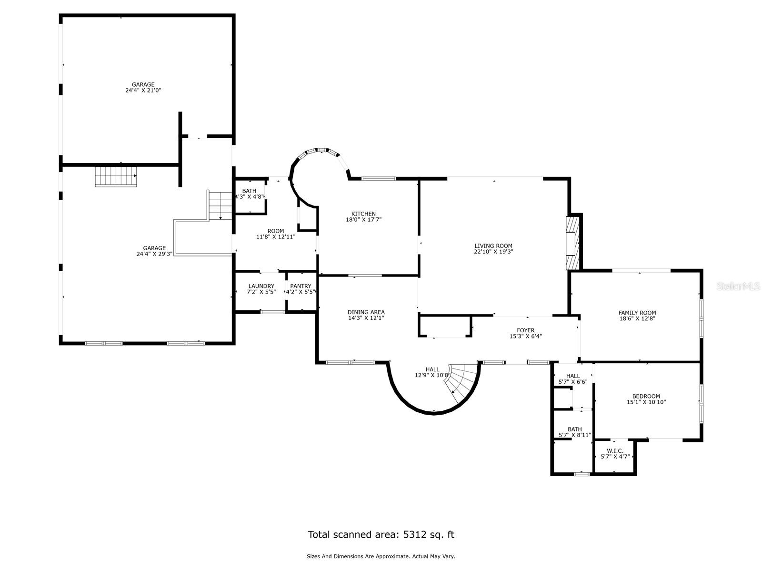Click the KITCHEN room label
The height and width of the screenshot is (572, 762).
[363, 214]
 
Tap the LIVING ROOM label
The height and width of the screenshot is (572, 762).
[493, 246]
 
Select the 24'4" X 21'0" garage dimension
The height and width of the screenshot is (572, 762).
[143, 90]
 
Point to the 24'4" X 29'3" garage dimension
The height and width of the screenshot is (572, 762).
[154, 254]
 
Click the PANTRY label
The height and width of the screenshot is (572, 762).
[301, 286]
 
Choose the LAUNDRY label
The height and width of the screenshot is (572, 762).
[261, 286]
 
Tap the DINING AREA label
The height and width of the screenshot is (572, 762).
[366, 312]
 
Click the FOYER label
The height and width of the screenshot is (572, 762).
[526, 330]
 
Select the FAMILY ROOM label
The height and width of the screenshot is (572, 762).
[637, 313]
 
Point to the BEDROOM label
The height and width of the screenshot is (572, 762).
[646, 396]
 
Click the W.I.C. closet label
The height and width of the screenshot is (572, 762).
[615, 451]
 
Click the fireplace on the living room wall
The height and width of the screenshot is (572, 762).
[573, 243]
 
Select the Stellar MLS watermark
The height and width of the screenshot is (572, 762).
[738, 286]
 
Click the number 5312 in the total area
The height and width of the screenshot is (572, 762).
[414, 534]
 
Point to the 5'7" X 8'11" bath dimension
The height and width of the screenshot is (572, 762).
[574, 435]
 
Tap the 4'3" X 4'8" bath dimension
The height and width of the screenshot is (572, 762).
[250, 196]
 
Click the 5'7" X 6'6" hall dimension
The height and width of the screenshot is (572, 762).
[573, 382]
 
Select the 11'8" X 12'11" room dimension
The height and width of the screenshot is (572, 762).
[276, 237]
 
